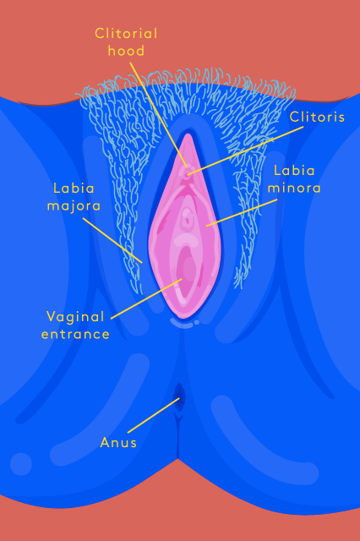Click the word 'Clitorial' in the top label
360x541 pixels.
pos(126,34)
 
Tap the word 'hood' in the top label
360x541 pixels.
pos(126,51)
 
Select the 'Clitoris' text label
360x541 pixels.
pos(317,117)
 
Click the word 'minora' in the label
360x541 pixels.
pos(294,188)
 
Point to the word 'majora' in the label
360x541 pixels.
pos(74,205)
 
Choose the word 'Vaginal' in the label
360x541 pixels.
pos(75,317)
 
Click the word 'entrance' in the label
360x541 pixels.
pos(75,334)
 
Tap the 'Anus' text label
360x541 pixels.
pos(118,442)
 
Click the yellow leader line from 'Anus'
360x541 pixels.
pos(154,415)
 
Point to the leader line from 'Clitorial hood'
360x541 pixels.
pos(159,115)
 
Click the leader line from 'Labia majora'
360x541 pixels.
pos(112,240)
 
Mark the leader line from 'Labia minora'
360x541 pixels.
pos(242,212)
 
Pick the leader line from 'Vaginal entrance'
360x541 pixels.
pos(146,298)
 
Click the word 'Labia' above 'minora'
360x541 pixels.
pos(294,171)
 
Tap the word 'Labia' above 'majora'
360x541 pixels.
pos(74,189)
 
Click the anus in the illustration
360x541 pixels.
pos(179,396)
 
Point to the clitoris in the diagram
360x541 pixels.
pos(188,172)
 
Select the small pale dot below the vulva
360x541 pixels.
pos(197,322)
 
